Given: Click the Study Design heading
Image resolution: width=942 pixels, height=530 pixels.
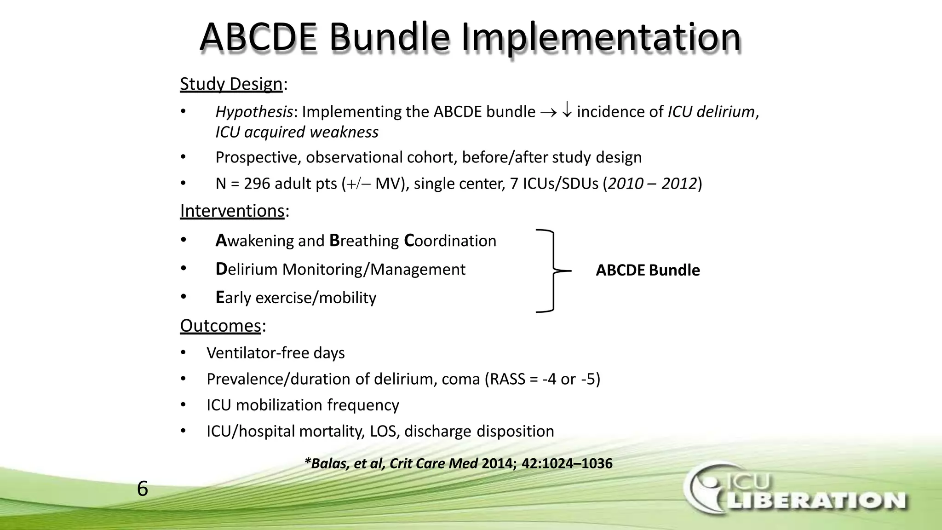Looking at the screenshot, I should pyautogui.click(x=231, y=84).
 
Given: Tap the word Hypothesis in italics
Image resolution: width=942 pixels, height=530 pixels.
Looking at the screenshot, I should pyautogui.click(x=254, y=112).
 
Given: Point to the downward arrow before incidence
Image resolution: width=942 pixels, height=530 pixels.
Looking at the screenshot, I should pyautogui.click(x=567, y=111).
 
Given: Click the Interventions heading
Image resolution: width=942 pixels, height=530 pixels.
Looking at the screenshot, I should pyautogui.click(x=232, y=211).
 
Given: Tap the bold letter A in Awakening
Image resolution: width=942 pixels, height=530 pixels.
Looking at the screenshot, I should pyautogui.click(x=221, y=240).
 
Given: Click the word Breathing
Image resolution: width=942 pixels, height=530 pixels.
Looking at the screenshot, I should pyautogui.click(x=364, y=241).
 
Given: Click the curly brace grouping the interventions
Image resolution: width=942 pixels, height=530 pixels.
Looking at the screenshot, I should pyautogui.click(x=553, y=271).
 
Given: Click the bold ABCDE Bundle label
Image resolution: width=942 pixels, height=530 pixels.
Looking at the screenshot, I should pyautogui.click(x=648, y=270).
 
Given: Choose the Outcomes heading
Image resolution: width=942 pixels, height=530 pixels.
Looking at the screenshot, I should pyautogui.click(x=221, y=326).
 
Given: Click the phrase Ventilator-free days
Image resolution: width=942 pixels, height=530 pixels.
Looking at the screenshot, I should pyautogui.click(x=276, y=353).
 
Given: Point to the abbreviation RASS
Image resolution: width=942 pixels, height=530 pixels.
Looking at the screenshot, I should pyautogui.click(x=507, y=379).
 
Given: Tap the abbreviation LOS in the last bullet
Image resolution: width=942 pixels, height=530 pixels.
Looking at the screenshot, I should pyautogui.click(x=385, y=431).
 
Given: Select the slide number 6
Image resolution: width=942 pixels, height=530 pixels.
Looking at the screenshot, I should pyautogui.click(x=143, y=489).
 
